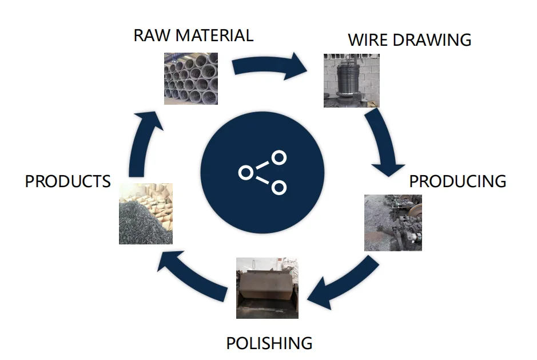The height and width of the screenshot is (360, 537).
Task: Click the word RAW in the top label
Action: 152,35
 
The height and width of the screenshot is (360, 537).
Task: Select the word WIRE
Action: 368,39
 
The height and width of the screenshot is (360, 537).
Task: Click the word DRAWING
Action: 432,39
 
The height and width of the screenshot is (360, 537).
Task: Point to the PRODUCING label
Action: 458,181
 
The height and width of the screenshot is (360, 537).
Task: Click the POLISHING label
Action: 269,343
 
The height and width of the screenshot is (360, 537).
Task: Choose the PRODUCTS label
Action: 68,181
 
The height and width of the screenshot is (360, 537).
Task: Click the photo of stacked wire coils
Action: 191,78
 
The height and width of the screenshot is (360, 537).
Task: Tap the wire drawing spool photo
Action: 351,81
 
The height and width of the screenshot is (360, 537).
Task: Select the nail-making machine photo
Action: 393,223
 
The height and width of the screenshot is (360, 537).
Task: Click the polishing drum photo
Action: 267,288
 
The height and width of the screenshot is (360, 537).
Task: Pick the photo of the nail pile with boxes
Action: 146,213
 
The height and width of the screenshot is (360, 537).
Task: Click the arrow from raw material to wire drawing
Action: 269,66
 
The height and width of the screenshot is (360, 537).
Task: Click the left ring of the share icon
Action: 246,173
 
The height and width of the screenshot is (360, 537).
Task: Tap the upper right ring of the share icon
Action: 279,158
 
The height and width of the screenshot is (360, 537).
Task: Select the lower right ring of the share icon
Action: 279,188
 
